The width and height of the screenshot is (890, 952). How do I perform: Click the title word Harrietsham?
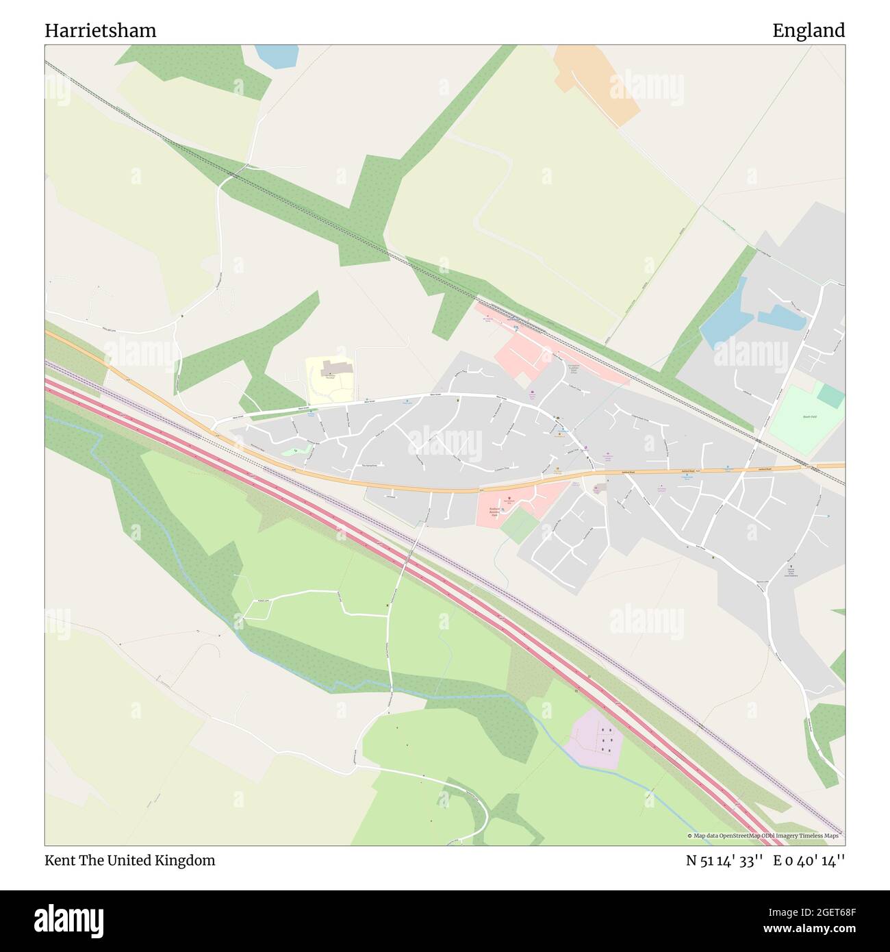pos(100,30)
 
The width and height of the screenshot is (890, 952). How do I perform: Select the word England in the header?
pos(809,30)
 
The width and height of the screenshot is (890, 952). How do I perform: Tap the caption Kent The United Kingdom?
pos(130,860)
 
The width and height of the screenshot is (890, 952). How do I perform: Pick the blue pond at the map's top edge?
pos(277,56)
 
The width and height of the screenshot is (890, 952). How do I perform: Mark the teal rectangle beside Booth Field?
pos(830,395)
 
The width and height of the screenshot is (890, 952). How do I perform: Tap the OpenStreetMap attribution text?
pos(765,836)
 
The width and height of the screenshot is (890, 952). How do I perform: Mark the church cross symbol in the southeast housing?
pos(789,566)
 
